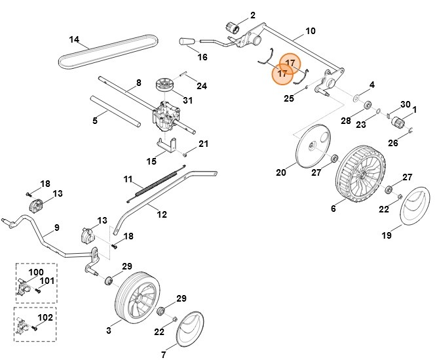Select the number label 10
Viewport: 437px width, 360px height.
click(x=311, y=31)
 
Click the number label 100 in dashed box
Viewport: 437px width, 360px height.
click(x=36, y=271)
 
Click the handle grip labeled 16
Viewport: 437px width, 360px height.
click(x=188, y=41)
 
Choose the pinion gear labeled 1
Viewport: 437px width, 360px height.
click(x=398, y=122)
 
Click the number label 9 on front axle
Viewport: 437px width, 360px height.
click(x=56, y=227)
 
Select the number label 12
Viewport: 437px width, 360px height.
click(x=162, y=214)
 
